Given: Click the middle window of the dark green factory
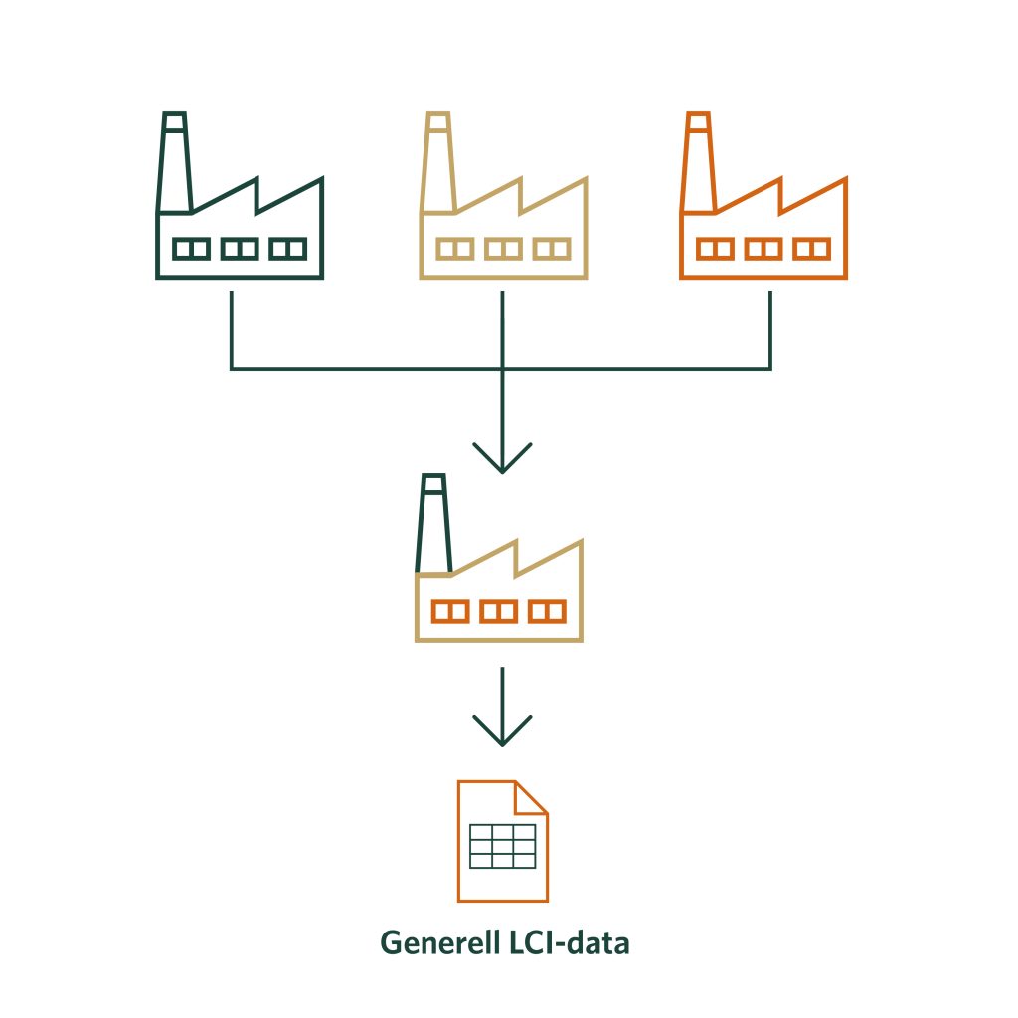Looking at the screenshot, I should pyautogui.click(x=240, y=249).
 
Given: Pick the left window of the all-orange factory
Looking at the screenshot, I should pyautogui.click(x=715, y=249).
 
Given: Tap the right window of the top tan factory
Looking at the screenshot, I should pyautogui.click(x=550, y=249).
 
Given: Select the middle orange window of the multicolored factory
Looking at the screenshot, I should pyautogui.click(x=498, y=610).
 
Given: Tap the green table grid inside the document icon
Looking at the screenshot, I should pyautogui.click(x=502, y=845).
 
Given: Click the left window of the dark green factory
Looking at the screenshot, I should pyautogui.click(x=191, y=249).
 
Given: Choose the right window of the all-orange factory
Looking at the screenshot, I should pyautogui.click(x=812, y=249).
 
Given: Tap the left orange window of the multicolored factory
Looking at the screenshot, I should pyautogui.click(x=449, y=610).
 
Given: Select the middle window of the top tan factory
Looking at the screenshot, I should pyautogui.click(x=502, y=249).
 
